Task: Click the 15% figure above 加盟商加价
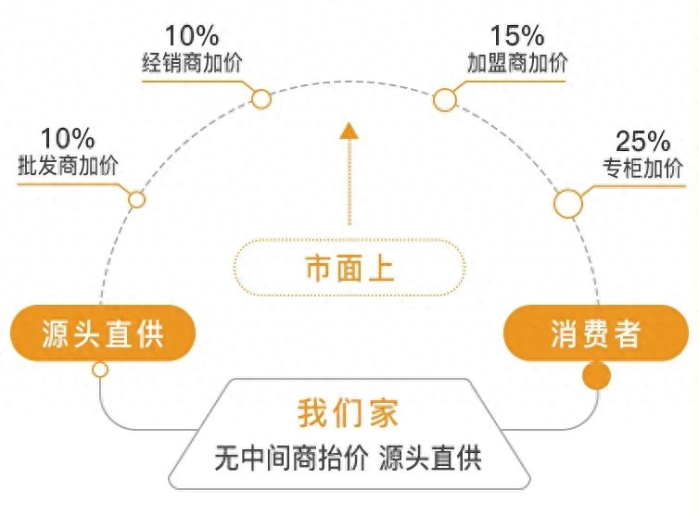coord(517,35)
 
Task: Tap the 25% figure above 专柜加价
coord(642,141)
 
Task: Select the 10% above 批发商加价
coord(68,138)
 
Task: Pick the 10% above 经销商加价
coord(192,35)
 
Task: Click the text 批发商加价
coord(68,166)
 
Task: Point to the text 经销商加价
coord(192,63)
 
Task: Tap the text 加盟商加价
coord(517,63)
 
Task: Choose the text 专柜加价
coord(642,169)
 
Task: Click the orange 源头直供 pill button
coord(103,334)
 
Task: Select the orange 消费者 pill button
coord(596,334)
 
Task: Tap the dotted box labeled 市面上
coord(349,268)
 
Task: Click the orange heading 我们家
coord(348,413)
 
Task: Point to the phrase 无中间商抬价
coord(291,458)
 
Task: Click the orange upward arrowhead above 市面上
coord(349,130)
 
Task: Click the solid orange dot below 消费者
coord(597,375)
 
